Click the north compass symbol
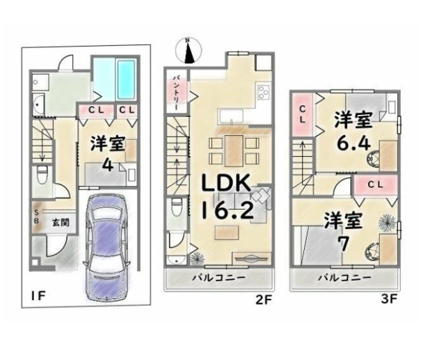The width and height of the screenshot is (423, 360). click(x=189, y=51)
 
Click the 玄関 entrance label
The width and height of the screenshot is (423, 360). click(x=61, y=223)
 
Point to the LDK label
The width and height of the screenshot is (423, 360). click(x=227, y=183)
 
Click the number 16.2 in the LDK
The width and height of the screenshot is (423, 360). click(x=228, y=210)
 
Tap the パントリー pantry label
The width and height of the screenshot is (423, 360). click(x=175, y=93)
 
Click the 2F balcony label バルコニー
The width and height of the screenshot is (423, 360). click(x=218, y=277)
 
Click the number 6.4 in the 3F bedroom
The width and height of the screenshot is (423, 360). click(x=353, y=143)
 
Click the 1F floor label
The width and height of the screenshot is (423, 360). click(x=38, y=296)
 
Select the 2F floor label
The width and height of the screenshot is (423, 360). click(x=263, y=300)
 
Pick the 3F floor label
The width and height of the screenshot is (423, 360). click(x=389, y=299)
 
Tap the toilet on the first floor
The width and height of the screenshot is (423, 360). click(x=42, y=174)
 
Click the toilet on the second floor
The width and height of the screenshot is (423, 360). click(x=177, y=207)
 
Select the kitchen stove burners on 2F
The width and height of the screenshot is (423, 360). click(x=263, y=92)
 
